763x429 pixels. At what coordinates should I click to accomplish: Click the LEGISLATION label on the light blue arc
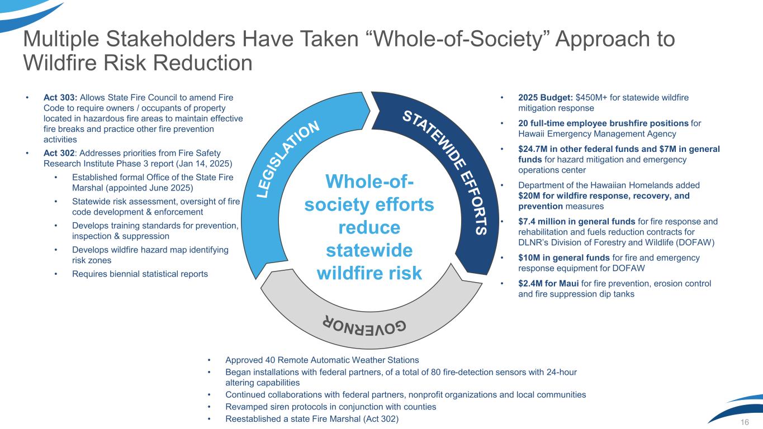(x=288, y=159)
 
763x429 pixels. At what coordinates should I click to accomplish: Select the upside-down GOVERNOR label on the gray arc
(x=364, y=327)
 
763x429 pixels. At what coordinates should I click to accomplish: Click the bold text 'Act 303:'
(x=60, y=97)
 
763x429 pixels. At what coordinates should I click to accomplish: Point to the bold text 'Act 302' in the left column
(x=59, y=153)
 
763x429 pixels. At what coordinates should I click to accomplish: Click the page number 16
(x=745, y=422)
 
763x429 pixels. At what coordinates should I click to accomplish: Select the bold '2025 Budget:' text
(x=546, y=97)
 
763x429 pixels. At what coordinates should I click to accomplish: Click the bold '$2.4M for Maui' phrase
(x=548, y=283)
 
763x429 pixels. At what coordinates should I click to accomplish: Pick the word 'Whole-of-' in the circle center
(x=369, y=181)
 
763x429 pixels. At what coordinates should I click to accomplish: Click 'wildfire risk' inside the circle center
(x=369, y=273)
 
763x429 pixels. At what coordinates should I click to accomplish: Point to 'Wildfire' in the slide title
(x=60, y=63)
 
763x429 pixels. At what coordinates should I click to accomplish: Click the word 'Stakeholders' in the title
(x=170, y=39)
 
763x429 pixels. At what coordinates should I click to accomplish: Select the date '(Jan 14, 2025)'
(x=204, y=164)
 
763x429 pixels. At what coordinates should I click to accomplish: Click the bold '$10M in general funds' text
(x=564, y=258)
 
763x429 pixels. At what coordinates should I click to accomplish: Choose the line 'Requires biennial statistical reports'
(x=140, y=274)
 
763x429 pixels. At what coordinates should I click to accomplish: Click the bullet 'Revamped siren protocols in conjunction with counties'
(x=331, y=407)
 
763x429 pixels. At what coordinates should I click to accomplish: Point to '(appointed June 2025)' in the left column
(x=149, y=188)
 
